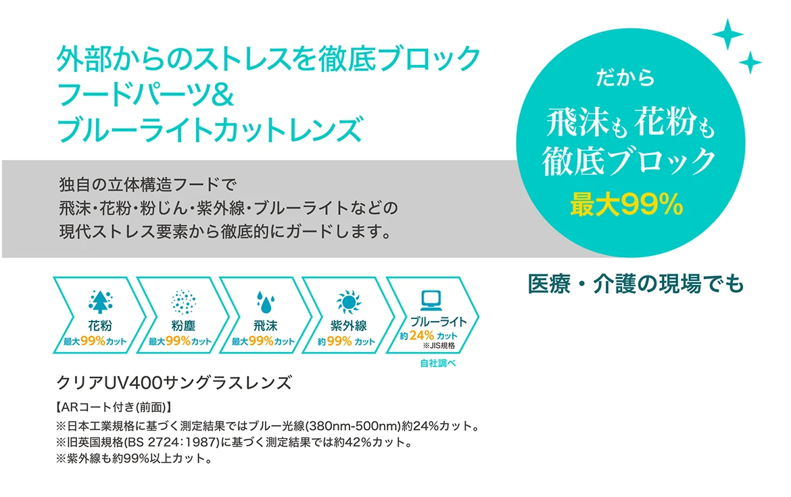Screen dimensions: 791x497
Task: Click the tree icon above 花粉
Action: tap(100, 301)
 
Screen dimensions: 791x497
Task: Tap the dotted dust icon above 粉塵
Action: tap(183, 302)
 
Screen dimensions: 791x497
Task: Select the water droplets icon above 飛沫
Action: tap(265, 302)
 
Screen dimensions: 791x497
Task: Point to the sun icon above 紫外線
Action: tap(349, 302)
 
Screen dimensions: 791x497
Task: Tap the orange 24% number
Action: tap(422, 335)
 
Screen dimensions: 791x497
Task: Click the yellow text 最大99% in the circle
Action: tap(627, 205)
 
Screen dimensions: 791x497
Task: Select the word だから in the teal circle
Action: tap(625, 77)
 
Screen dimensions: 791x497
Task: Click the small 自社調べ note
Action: tap(438, 363)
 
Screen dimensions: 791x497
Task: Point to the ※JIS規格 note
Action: tap(439, 345)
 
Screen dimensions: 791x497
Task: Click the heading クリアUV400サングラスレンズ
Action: tap(174, 383)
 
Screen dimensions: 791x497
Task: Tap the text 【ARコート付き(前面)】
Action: tap(114, 407)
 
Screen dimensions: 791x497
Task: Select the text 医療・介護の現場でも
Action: tap(636, 283)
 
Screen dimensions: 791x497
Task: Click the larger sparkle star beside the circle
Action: tap(727, 35)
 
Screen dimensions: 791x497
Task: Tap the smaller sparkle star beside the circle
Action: tap(750, 62)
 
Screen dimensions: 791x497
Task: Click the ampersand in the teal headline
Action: tap(222, 94)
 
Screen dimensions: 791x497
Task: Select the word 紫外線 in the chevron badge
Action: tap(349, 326)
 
